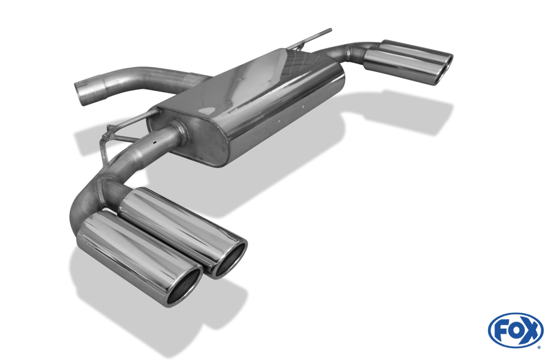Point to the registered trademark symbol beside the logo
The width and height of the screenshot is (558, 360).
click(539, 348)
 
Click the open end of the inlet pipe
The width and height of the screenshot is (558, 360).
click(81, 94)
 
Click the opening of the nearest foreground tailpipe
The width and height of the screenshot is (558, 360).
click(184, 287)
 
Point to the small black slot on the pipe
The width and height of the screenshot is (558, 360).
click(155, 142)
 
